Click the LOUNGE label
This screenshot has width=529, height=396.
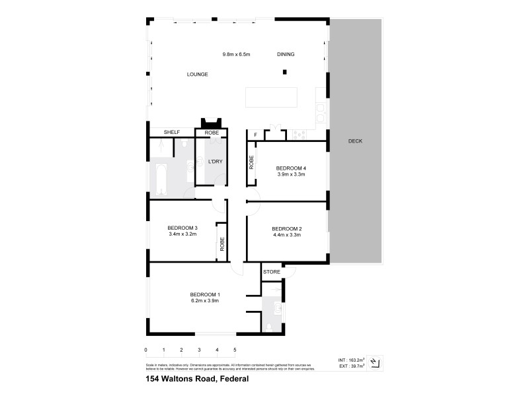(197, 75)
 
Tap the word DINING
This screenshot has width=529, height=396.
(286, 55)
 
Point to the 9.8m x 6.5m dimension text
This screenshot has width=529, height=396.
(236, 54)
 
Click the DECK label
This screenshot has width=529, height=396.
(355, 141)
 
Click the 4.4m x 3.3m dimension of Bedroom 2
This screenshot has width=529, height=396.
(287, 234)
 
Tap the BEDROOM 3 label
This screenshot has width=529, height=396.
(183, 228)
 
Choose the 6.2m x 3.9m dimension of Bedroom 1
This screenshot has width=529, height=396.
(204, 300)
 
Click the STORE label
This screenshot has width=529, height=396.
(272, 272)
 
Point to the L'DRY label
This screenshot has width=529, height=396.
(214, 162)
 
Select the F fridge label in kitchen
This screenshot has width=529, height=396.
(255, 135)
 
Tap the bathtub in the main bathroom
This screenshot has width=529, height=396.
(161, 178)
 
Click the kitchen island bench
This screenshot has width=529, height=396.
(271, 98)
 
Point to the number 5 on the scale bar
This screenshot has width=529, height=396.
(234, 350)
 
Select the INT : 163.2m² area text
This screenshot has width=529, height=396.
(350, 360)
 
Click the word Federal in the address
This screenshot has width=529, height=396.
(235, 379)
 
